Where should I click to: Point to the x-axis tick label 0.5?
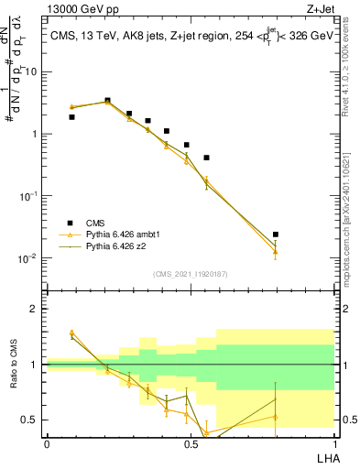point(191,443)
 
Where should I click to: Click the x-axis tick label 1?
point(334,443)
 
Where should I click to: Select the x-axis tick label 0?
point(47,443)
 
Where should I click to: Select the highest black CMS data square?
point(108,101)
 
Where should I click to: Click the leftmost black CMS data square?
point(72,117)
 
